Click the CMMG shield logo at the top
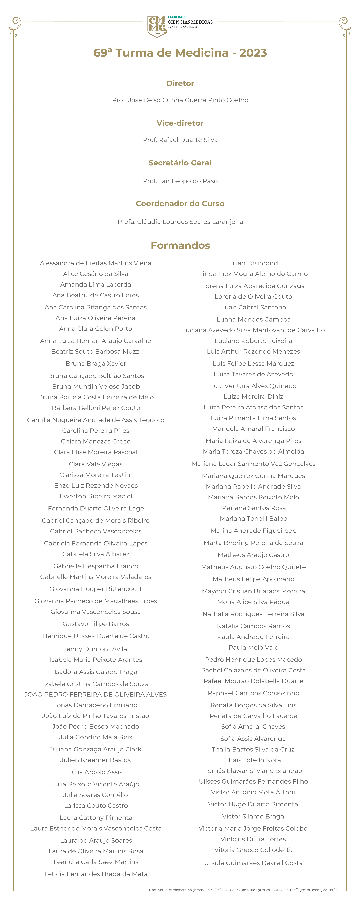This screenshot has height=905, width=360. [157, 26]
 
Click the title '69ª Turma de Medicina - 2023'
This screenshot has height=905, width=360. [180, 53]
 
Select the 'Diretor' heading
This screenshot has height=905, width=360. [180, 83]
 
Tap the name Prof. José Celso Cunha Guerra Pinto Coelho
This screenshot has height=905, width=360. [180, 100]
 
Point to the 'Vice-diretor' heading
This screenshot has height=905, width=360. [180, 123]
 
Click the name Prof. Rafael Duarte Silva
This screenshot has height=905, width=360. [180, 140]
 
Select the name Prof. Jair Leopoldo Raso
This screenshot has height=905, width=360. [180, 181]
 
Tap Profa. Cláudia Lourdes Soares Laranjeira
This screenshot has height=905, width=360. [180, 222]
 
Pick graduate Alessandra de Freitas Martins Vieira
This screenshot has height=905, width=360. [96, 263]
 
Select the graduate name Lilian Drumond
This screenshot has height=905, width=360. [253, 263]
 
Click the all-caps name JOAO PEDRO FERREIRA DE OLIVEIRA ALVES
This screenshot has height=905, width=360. [96, 695]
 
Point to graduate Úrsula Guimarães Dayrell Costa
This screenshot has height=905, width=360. [253, 863]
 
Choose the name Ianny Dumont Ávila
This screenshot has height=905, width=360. [96, 649]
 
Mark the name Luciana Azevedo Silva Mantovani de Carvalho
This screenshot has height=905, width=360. [253, 330]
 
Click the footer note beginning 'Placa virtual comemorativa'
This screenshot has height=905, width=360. [243, 890]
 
